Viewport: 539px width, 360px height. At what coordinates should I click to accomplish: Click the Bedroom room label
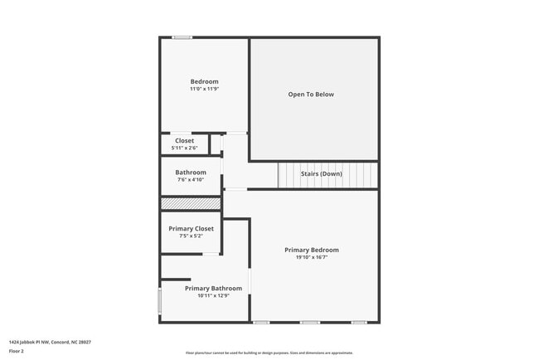tap(204, 81)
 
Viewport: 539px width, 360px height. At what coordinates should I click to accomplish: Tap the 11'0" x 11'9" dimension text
tap(204, 89)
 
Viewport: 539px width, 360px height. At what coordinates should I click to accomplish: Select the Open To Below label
tap(311, 95)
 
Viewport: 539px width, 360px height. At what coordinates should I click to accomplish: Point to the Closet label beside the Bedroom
tap(184, 141)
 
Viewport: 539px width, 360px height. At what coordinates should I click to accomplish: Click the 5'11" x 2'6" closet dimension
tap(184, 148)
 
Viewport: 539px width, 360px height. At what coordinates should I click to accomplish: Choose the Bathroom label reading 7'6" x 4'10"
tap(190, 173)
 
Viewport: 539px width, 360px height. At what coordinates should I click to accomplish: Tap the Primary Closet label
tap(192, 228)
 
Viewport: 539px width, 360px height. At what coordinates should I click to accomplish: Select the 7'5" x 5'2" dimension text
tap(192, 236)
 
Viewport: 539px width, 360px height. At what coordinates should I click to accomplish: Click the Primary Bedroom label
tap(312, 250)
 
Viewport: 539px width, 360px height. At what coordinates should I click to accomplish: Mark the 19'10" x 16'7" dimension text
tap(312, 257)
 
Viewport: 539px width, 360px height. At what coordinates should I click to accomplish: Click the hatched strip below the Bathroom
tap(191, 203)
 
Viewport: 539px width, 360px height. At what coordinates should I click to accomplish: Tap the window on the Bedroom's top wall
tap(182, 36)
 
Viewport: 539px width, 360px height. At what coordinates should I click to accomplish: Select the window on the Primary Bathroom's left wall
tap(160, 300)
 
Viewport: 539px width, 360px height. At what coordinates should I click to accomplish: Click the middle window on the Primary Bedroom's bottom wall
tap(310, 322)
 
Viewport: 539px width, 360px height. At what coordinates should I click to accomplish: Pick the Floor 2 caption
tap(17, 351)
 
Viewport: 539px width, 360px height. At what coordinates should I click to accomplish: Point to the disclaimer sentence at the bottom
tap(269, 353)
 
